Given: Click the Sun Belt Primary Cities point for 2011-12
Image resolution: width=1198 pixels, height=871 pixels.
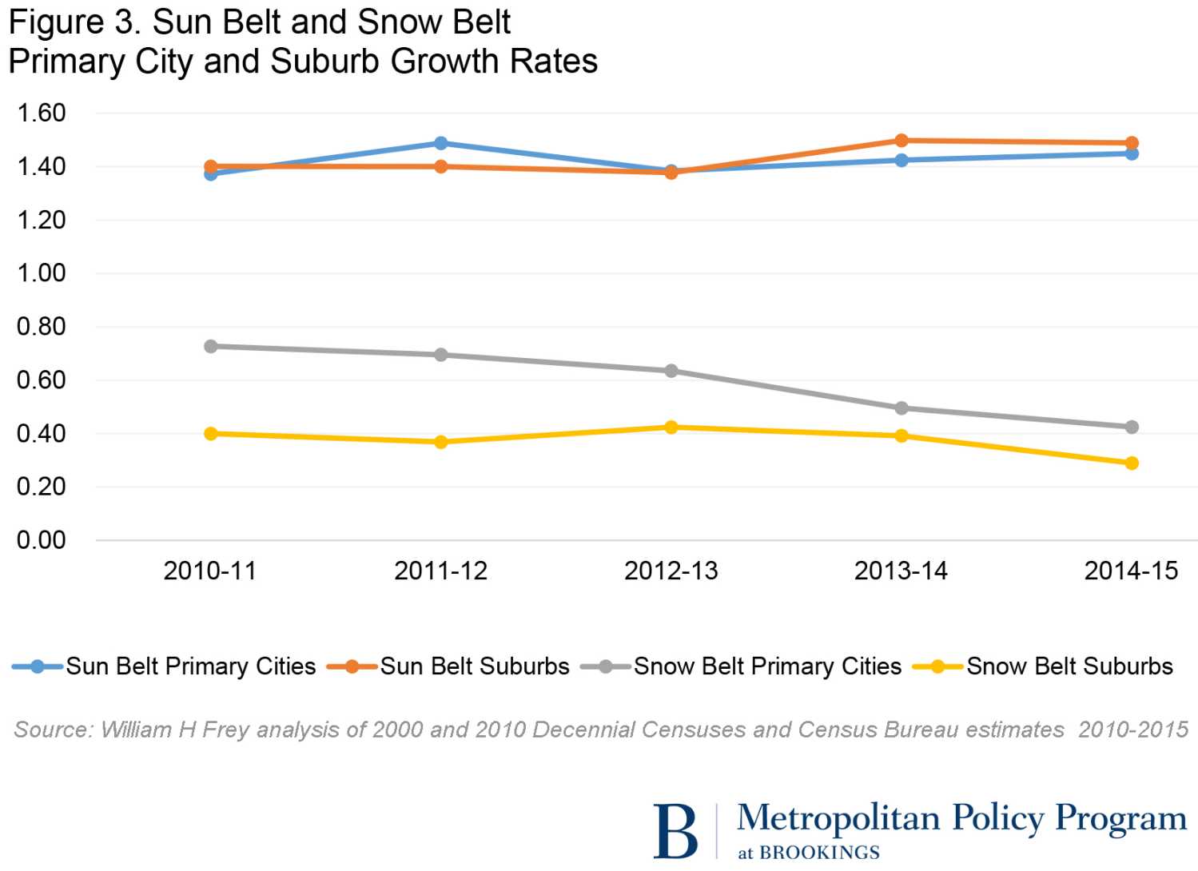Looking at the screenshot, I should pyautogui.click(x=440, y=143).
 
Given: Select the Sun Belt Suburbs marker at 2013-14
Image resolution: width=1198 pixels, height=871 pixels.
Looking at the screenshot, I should pyautogui.click(x=901, y=141).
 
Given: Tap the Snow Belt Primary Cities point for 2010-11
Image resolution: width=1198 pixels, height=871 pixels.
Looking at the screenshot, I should pyautogui.click(x=211, y=346).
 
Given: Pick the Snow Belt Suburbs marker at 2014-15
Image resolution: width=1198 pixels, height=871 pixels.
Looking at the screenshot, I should pyautogui.click(x=1131, y=463).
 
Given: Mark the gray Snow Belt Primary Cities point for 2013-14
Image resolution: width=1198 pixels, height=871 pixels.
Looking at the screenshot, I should pyautogui.click(x=901, y=408).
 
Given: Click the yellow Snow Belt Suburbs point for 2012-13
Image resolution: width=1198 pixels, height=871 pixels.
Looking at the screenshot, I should pyautogui.click(x=671, y=428).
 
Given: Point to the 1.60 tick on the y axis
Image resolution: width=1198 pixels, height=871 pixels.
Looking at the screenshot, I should pyautogui.click(x=42, y=113).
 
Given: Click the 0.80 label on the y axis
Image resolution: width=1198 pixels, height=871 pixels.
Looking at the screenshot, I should pyautogui.click(x=42, y=326).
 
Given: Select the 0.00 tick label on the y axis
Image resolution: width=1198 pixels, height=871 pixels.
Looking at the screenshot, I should pyautogui.click(x=42, y=540).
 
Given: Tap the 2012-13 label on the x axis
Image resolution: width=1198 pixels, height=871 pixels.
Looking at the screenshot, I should pyautogui.click(x=671, y=571).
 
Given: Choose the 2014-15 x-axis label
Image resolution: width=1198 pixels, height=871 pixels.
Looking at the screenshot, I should pyautogui.click(x=1131, y=571).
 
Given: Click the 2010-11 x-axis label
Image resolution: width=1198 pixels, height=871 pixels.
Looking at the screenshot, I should pyautogui.click(x=210, y=571).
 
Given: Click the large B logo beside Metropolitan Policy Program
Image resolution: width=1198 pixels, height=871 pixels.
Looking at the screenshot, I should pyautogui.click(x=675, y=831).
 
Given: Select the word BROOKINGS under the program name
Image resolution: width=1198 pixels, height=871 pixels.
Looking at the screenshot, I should pyautogui.click(x=819, y=853).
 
